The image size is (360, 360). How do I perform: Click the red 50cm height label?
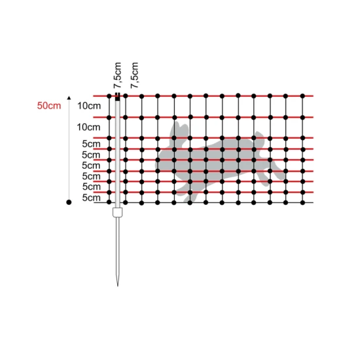[49, 106]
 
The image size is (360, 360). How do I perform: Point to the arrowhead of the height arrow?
[69, 98]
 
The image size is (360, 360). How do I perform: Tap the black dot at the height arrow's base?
[69, 202]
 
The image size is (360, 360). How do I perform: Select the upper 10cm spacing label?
[89, 106]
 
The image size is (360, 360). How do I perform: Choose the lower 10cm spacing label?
[88, 127]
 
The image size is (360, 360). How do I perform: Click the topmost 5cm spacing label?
[92, 144]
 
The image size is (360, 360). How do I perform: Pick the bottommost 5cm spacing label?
[92, 198]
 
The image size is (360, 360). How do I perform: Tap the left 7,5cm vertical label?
[117, 75]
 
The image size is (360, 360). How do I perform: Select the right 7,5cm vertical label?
[135, 75]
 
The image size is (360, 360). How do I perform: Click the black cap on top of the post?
[118, 97]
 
